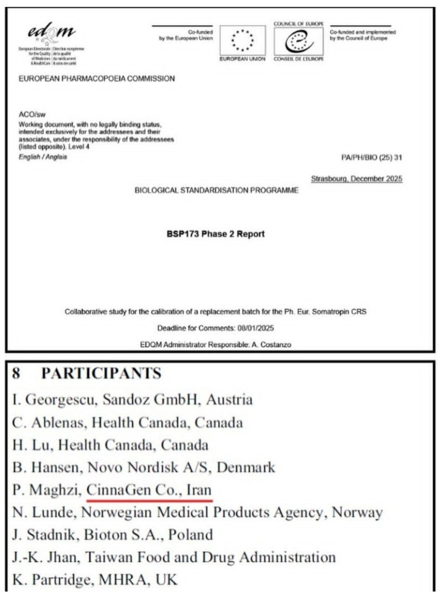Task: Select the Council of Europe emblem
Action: click(x=298, y=41)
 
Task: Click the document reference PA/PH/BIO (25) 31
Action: click(x=371, y=157)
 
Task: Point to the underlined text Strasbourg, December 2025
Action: click(x=357, y=179)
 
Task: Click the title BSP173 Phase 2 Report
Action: click(x=216, y=234)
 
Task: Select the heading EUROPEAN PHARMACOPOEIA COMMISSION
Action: click(x=97, y=79)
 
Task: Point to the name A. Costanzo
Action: click(x=274, y=345)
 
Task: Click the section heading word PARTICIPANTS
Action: click(x=101, y=373)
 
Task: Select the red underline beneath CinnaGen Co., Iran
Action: click(x=149, y=501)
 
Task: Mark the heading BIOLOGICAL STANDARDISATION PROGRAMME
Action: click(x=216, y=190)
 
